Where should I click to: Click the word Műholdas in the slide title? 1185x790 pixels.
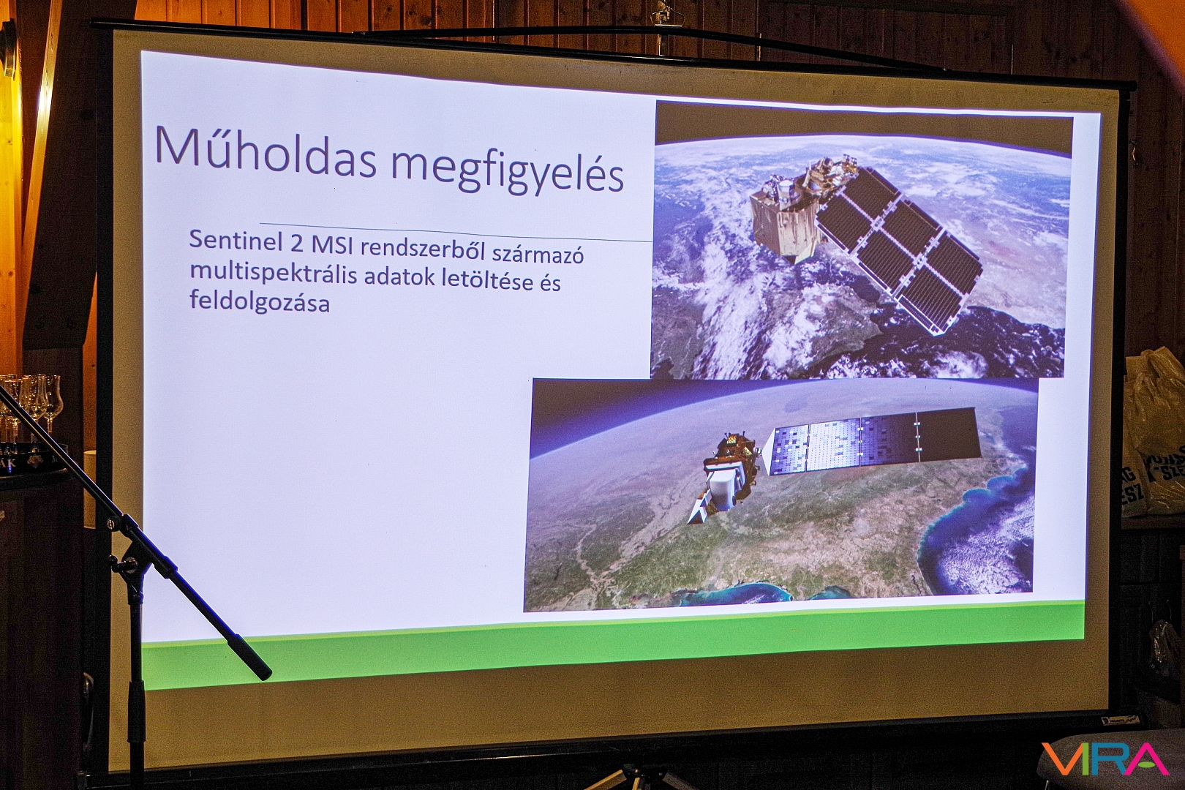pos(266,148)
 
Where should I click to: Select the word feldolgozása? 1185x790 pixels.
pos(259,302)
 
